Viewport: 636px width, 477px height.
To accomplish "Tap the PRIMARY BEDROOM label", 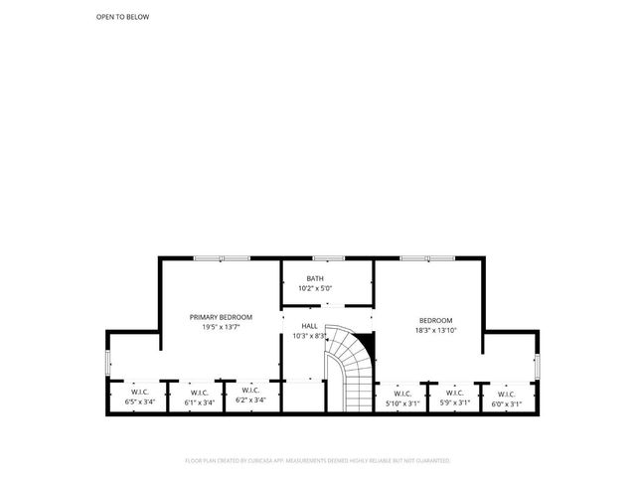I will [221, 317].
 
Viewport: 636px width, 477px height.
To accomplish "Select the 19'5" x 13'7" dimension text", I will [221, 327].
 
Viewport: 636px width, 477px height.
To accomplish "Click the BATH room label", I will [315, 278].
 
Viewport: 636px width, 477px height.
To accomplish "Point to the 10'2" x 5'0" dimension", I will [315, 288].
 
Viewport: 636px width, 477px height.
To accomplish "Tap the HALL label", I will [309, 326].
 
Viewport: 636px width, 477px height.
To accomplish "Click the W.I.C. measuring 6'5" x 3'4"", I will [138, 397].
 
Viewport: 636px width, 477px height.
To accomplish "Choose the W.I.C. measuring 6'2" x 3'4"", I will [249, 397].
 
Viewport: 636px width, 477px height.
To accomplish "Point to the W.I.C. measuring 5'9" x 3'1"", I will [454, 397].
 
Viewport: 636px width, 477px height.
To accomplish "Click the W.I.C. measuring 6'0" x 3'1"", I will [507, 397].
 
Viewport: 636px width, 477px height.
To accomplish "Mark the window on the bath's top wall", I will [328, 258].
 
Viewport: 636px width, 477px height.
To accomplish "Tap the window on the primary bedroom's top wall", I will [222, 258].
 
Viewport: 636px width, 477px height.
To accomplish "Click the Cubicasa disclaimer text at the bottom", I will [318, 461].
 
